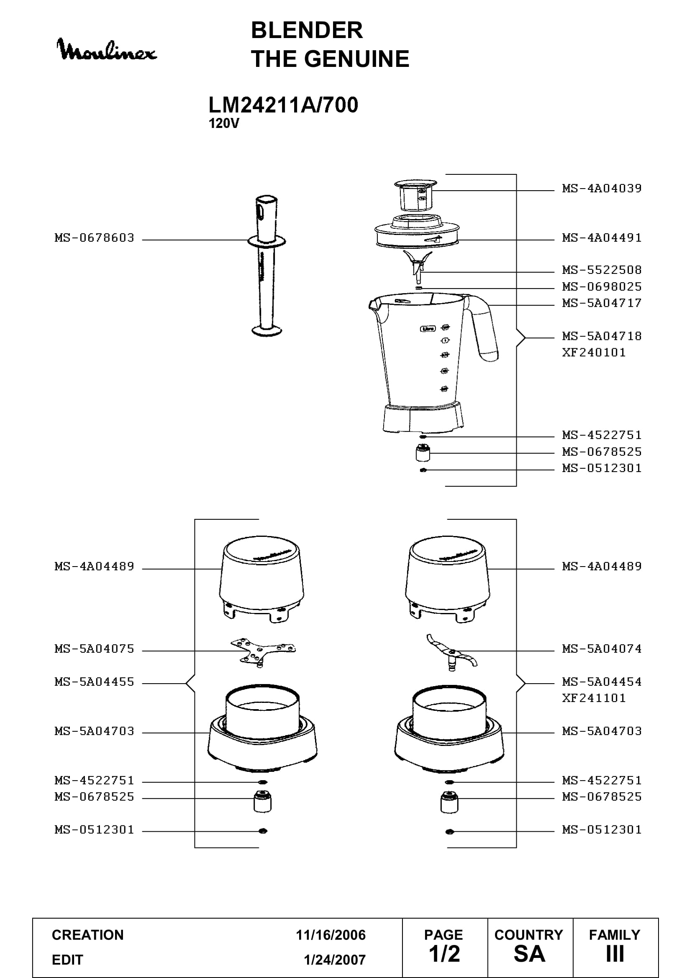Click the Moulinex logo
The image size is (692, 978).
(107, 49)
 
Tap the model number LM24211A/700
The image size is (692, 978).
(283, 105)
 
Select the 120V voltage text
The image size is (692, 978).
(224, 123)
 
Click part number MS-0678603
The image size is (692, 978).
(94, 237)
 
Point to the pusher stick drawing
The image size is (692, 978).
(267, 266)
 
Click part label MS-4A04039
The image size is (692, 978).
(602, 188)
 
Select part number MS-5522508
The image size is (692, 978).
(602, 270)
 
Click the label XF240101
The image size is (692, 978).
(594, 352)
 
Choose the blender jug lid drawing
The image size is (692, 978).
(417, 232)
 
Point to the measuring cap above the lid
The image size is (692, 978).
(415, 196)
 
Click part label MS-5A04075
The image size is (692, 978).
(94, 649)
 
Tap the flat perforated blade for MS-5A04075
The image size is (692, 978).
(263, 652)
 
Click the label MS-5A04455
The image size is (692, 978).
(94, 682)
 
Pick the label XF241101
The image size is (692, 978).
(594, 698)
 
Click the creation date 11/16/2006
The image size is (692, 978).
(331, 935)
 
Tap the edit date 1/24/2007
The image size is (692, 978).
(335, 960)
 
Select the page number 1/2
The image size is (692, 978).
(444, 954)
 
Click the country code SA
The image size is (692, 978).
(529, 954)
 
